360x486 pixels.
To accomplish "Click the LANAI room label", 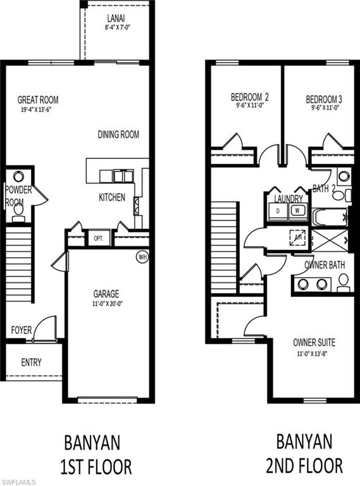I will click(x=115, y=19).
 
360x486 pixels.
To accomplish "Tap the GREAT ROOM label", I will click(x=38, y=100).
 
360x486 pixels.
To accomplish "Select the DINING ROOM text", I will click(x=118, y=134).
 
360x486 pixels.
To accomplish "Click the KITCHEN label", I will click(x=112, y=197).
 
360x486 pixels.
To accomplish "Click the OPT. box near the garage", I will click(x=98, y=239).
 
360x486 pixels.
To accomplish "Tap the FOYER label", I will click(x=21, y=330).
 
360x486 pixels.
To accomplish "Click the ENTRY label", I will click(x=31, y=362).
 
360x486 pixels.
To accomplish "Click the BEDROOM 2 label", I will click(x=249, y=98).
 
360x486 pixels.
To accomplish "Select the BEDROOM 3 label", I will click(x=324, y=99).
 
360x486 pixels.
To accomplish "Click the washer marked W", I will click(x=298, y=210).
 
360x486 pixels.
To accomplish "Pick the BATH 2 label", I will click(x=325, y=188).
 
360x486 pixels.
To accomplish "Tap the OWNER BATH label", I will click(x=325, y=265).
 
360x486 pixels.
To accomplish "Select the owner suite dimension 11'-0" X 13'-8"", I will click(x=314, y=354).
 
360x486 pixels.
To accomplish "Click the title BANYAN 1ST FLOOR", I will click(x=97, y=454).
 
